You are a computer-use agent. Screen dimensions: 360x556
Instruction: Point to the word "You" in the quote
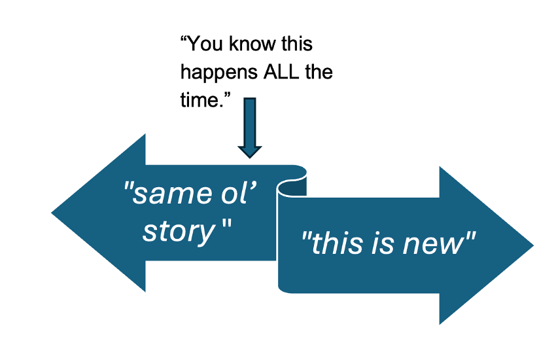tap(205, 45)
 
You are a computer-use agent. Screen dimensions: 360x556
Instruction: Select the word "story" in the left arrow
tap(179, 230)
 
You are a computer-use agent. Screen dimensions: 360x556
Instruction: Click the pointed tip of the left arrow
tap(53, 213)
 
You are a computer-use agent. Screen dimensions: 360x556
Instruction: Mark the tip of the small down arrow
tap(249, 156)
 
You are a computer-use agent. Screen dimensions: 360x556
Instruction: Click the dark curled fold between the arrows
tap(292, 187)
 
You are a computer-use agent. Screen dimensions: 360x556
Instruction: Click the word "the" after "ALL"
tap(319, 71)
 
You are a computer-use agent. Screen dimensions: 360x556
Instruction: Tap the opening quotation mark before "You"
tap(184, 41)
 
